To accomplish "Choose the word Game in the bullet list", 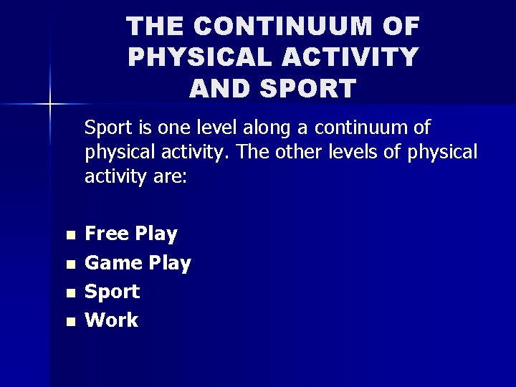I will (114, 263).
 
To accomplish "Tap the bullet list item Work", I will (112, 320).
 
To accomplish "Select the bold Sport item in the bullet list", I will (113, 292).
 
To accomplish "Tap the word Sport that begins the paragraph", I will (108, 128).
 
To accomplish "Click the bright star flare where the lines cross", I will (51, 105).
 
